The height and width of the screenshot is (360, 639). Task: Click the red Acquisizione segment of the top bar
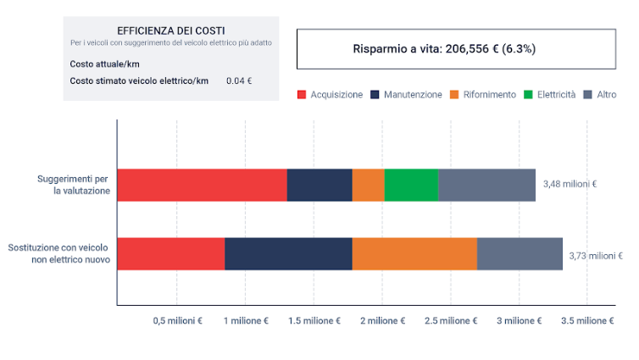point(202,185)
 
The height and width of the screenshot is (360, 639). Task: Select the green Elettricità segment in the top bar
point(411,185)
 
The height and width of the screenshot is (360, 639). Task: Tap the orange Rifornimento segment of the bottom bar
point(414,254)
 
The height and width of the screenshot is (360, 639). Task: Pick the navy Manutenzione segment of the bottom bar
point(288,254)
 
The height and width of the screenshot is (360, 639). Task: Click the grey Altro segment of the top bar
point(486,185)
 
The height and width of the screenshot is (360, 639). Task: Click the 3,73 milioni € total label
point(596,254)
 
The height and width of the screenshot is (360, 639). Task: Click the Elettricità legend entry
point(556,94)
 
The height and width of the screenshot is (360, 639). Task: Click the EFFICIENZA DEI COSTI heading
point(171,30)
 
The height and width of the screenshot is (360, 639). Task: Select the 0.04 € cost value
point(239,81)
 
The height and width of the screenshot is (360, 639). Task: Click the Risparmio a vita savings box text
point(444,49)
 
